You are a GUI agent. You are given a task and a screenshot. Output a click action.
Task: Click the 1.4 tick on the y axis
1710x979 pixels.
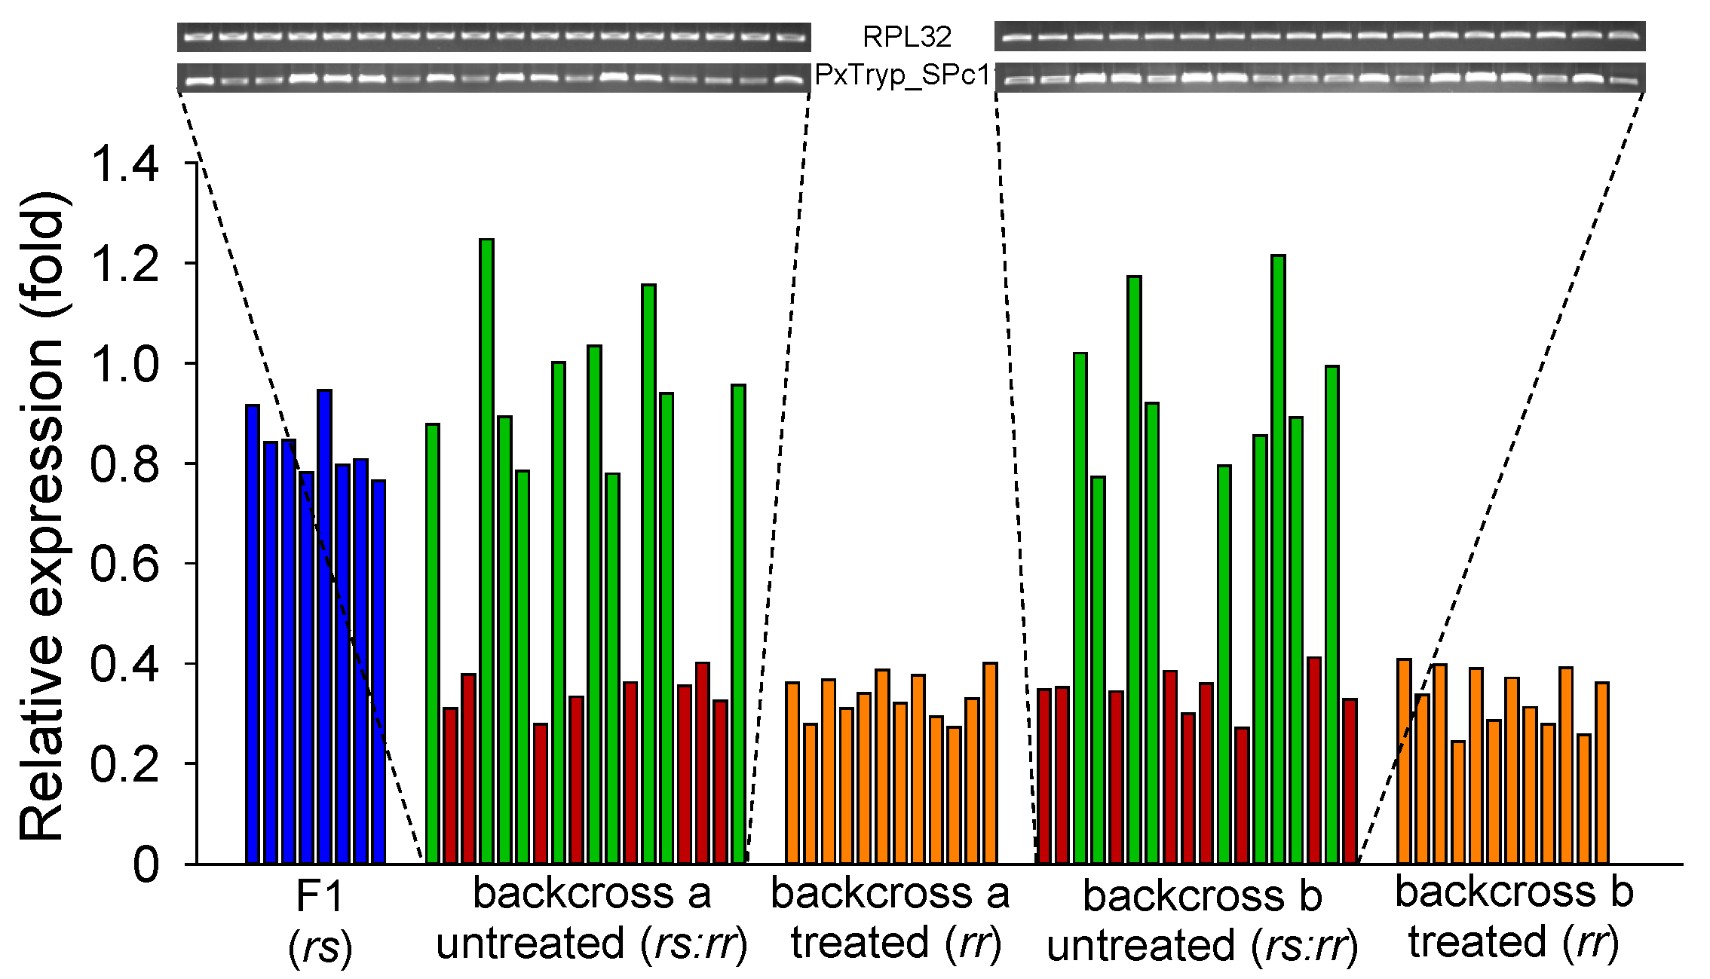[x=125, y=164]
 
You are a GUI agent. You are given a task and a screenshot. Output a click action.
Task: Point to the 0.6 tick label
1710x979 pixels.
[x=125, y=564]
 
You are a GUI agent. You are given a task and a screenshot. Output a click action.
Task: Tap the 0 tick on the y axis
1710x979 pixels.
[x=146, y=864]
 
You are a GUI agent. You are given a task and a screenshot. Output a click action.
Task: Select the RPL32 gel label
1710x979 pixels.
[x=907, y=36]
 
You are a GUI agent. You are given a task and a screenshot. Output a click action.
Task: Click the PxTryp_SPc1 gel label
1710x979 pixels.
[x=902, y=76]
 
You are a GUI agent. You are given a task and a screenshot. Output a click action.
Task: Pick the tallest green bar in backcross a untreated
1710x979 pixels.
[x=487, y=550]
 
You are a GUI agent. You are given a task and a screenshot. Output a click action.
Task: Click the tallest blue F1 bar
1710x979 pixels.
[x=325, y=626]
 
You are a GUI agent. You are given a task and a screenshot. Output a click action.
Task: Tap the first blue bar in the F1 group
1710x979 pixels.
[x=253, y=633]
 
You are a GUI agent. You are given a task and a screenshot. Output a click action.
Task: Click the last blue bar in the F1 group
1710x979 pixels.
[x=378, y=671]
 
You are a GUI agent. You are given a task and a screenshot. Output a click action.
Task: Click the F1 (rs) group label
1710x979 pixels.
[x=320, y=921]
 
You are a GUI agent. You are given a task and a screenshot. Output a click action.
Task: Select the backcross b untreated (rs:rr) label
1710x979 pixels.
[x=1202, y=920]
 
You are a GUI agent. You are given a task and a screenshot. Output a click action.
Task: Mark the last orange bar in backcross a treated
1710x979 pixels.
[x=990, y=763]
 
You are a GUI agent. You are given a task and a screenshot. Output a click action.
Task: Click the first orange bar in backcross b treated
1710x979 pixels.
[x=1404, y=761]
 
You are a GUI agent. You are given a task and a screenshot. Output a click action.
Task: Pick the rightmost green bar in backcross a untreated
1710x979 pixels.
[x=739, y=624]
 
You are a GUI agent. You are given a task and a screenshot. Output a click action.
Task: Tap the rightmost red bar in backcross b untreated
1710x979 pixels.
[x=1350, y=781]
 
